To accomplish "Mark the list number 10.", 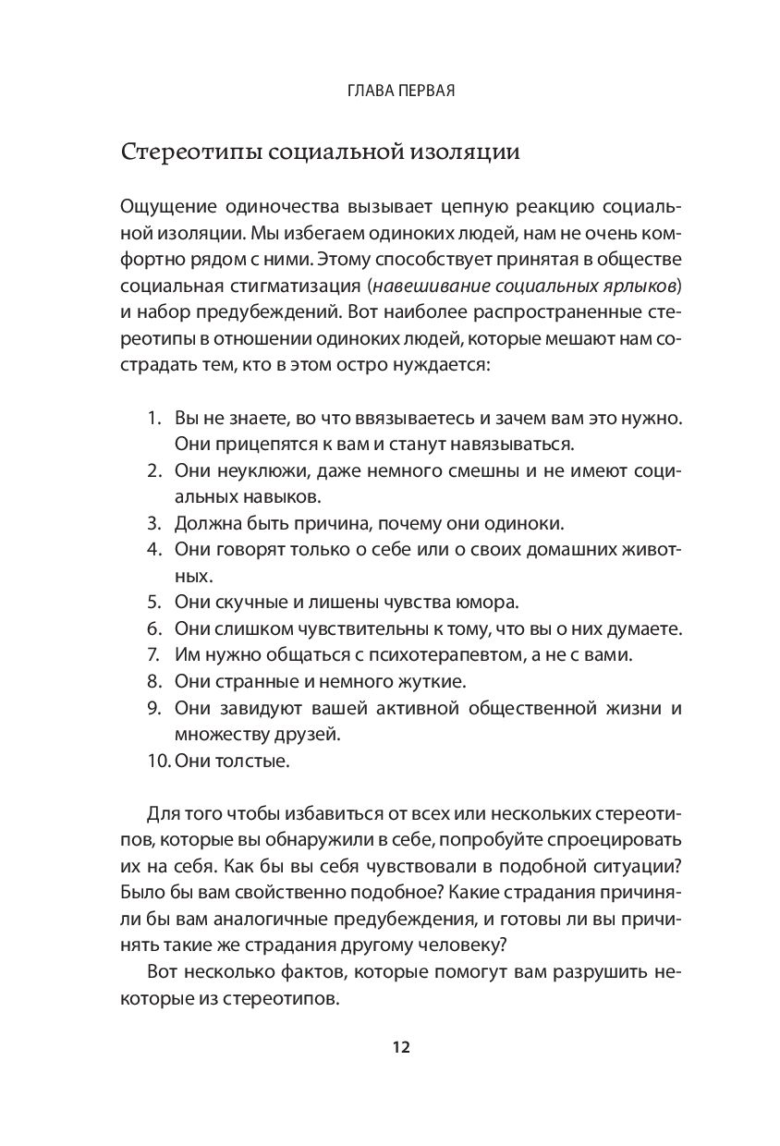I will [x=157, y=762].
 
